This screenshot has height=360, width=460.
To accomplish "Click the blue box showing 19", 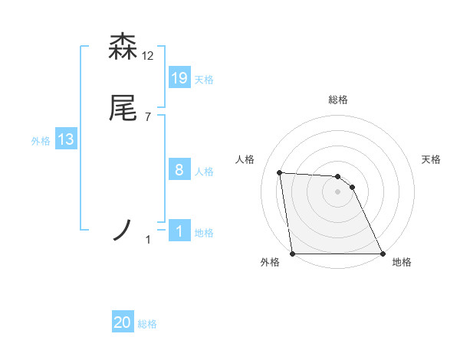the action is (x=179, y=77).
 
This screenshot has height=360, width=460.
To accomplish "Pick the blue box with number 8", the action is (x=179, y=170).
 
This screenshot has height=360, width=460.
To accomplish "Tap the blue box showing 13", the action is (x=66, y=139).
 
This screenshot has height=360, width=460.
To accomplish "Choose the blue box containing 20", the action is (x=123, y=322).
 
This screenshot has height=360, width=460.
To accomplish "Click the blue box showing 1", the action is (x=179, y=230).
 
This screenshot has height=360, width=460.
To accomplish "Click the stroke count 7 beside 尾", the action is (x=148, y=117).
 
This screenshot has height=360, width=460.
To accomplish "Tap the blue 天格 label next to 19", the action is (x=204, y=80).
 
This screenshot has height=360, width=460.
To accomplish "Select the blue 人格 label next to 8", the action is (x=204, y=172).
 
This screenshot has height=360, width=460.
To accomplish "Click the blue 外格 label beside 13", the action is (x=41, y=141).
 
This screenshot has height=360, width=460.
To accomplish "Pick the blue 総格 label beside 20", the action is (x=147, y=324).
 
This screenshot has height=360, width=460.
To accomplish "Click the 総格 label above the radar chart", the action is (x=338, y=100).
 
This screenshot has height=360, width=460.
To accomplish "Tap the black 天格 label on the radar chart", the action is (x=432, y=159).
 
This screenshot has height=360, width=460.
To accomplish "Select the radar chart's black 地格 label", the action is (x=402, y=262).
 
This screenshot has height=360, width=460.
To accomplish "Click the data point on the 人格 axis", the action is (x=280, y=172).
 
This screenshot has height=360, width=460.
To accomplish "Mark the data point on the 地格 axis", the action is (x=382, y=254).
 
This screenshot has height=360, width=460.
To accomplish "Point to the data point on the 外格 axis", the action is (x=293, y=254).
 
